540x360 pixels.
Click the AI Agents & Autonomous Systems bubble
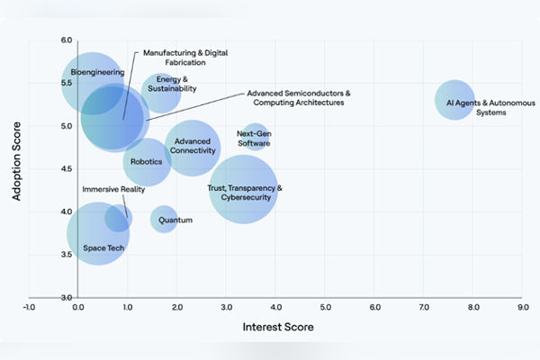[x=454, y=99]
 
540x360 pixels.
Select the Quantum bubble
[x=164, y=219]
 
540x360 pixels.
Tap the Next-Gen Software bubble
[x=256, y=139]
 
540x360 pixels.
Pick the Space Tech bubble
[x=97, y=234]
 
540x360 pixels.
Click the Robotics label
[x=146, y=162]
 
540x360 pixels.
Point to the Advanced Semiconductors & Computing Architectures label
[x=299, y=98]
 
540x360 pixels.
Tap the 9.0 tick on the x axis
[x=522, y=308]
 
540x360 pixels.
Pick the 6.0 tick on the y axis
[x=66, y=40]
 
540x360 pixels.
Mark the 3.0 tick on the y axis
[x=66, y=297]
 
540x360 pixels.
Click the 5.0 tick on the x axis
[x=325, y=308]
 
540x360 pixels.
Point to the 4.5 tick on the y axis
[x=66, y=169]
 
